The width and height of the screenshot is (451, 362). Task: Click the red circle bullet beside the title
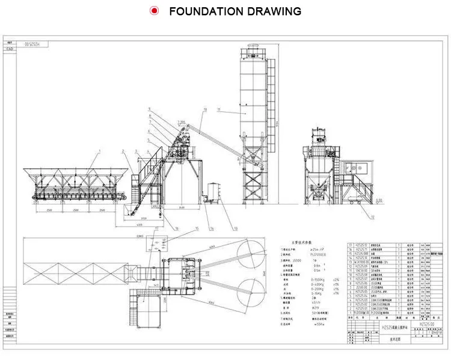[x=155, y=11]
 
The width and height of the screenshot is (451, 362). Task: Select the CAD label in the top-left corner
[x=9, y=51]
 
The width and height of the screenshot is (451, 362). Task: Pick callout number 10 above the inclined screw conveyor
[x=204, y=109]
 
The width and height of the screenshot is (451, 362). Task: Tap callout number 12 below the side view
[x=372, y=216]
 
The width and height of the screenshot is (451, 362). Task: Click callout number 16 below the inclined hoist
[x=177, y=229]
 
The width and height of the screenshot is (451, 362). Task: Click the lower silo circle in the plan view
[x=250, y=290]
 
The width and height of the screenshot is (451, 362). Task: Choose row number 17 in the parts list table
[x=352, y=245]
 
